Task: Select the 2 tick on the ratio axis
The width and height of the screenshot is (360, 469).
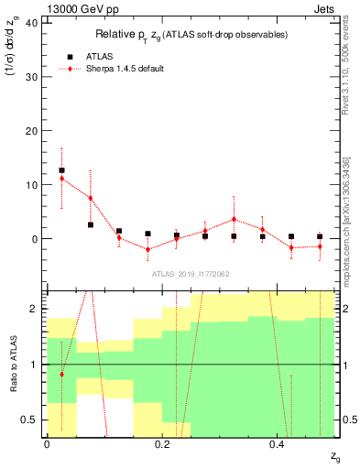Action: pyautogui.click(x=37, y=309)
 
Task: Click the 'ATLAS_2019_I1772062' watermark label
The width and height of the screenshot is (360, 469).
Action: pyautogui.click(x=190, y=273)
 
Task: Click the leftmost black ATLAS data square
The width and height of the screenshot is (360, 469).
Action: pyautogui.click(x=61, y=170)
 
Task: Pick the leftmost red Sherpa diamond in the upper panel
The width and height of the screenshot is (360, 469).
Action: pyautogui.click(x=61, y=179)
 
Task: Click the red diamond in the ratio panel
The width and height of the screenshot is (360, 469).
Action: pyautogui.click(x=61, y=375)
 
